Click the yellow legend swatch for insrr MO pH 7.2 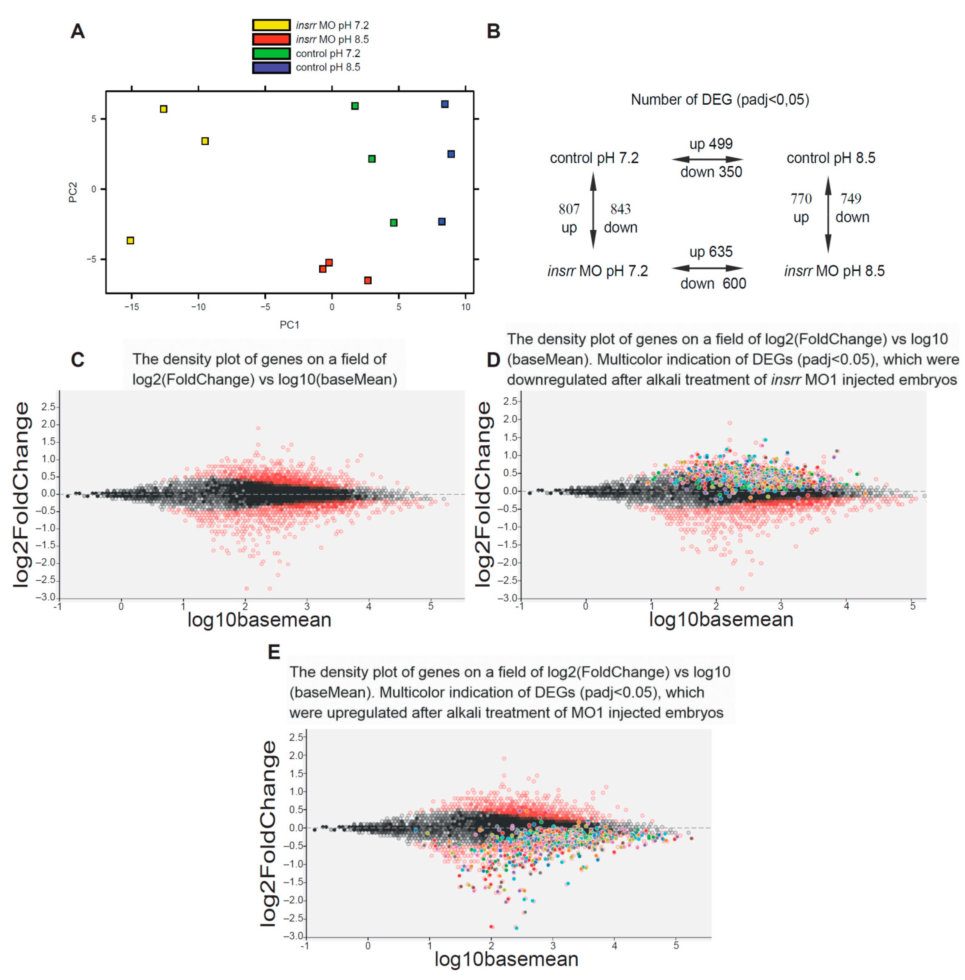tap(271, 25)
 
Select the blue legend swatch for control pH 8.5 tap(271, 67)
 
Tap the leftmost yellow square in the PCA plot tap(130, 240)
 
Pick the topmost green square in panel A tap(355, 106)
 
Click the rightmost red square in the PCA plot tap(368, 280)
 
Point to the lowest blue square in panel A tap(441, 221)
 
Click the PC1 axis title tap(289, 325)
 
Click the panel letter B tap(493, 31)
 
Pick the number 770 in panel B tap(801, 199)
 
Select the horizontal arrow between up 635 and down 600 tap(708, 268)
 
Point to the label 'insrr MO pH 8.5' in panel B tap(834, 271)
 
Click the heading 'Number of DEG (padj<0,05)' tap(720, 100)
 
